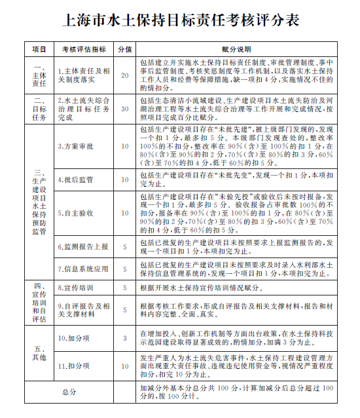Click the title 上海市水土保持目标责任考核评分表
point(181,21)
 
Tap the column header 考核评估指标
point(84,49)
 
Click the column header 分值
point(125,49)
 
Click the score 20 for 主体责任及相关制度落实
point(125,75)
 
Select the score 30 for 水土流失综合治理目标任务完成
point(125,109)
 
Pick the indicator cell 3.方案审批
point(75,147)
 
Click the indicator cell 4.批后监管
point(75,179)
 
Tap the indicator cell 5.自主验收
point(75,213)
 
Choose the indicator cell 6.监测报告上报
point(82,247)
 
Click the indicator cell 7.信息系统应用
point(82,269)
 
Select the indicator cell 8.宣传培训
point(75,288)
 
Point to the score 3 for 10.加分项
point(125,337)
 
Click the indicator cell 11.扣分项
point(75,366)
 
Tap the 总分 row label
point(69,391)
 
